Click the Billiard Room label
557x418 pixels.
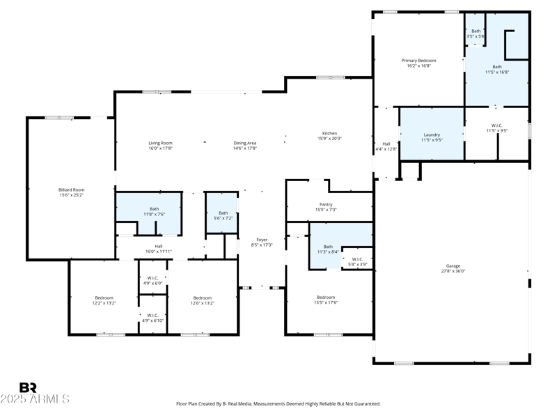(71, 189)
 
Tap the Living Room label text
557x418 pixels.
(160, 143)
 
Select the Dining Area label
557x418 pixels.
(245, 143)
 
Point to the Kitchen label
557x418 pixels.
(329, 133)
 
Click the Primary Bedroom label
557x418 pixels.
(418, 61)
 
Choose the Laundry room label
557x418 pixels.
(432, 134)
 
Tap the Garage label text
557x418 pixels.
(453, 266)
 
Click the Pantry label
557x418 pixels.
(326, 204)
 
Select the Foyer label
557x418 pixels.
(262, 240)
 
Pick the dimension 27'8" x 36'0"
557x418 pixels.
(453, 272)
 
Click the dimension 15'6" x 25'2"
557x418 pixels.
(71, 195)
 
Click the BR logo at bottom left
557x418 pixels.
(29, 387)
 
